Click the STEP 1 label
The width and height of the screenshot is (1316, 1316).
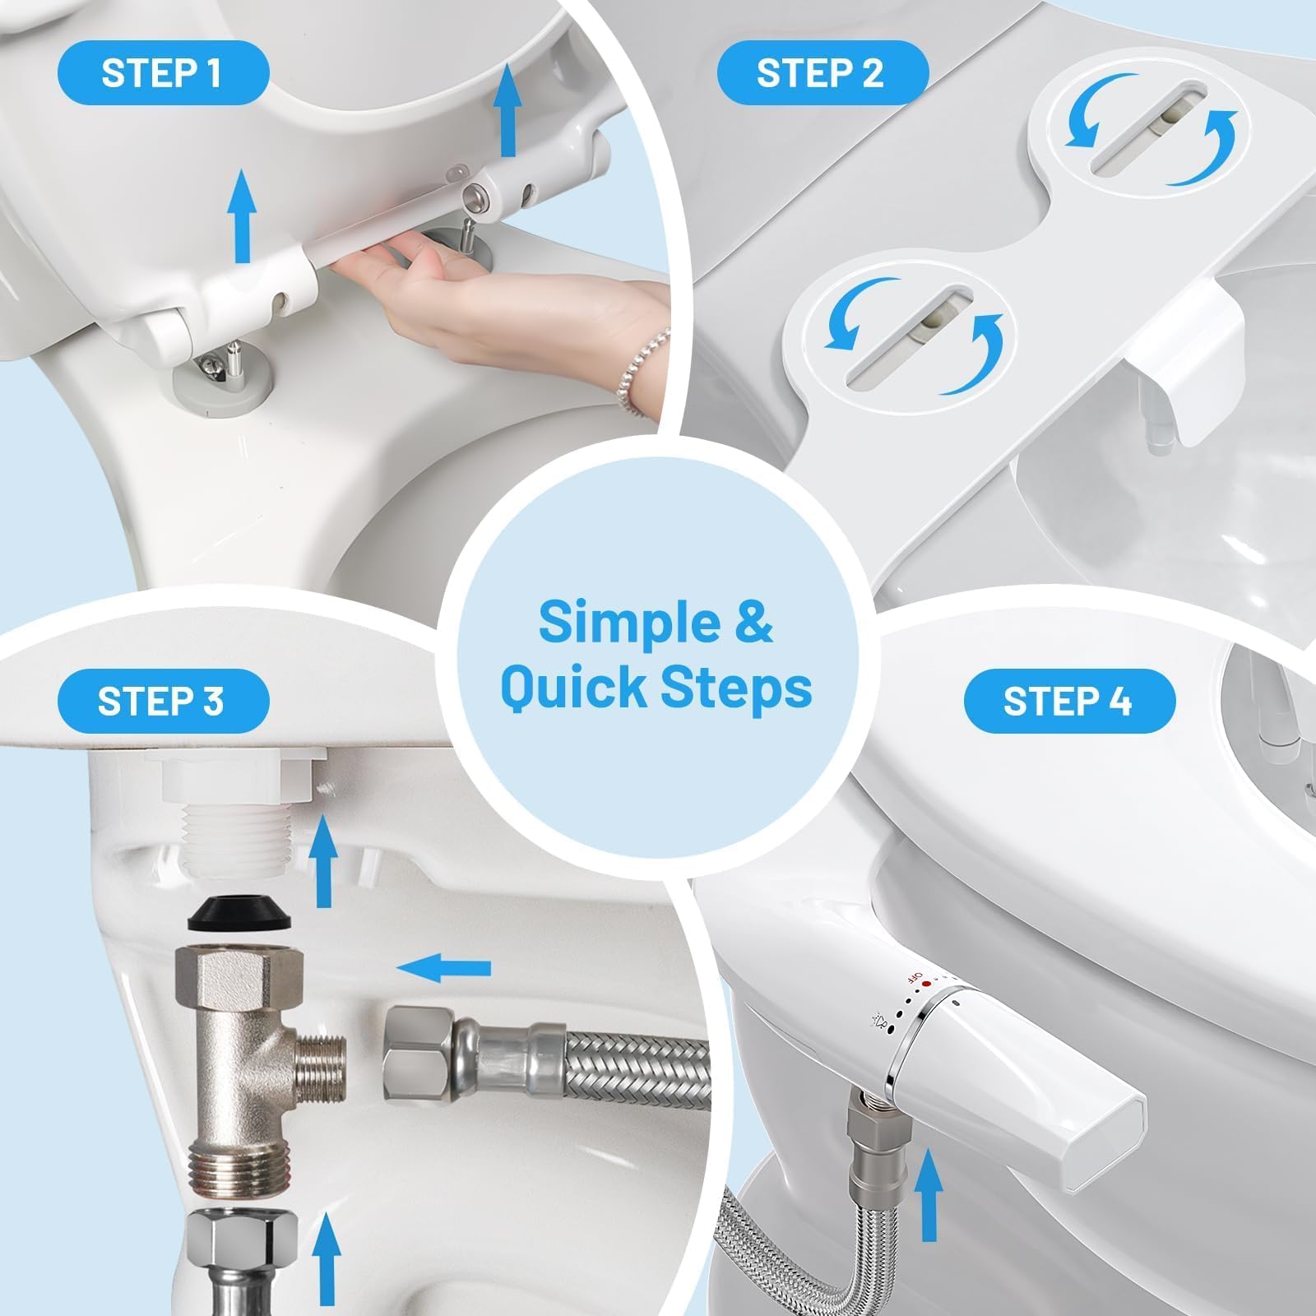(x=162, y=72)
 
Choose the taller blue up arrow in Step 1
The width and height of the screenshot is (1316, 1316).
(x=509, y=110)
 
